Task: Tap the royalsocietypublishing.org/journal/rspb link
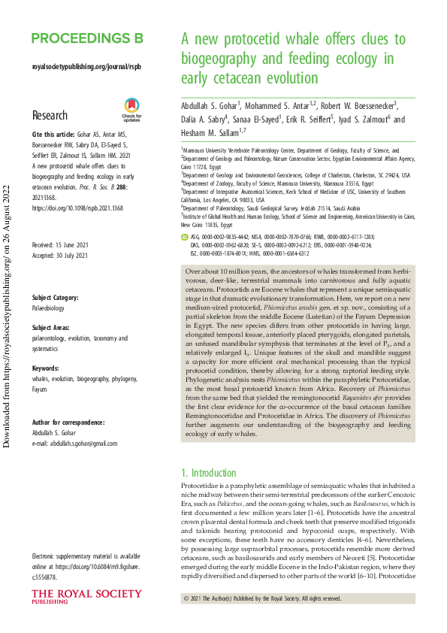coord(86,66)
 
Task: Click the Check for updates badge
coord(131,110)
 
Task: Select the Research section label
coord(50,116)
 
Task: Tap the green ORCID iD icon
coord(186,214)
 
